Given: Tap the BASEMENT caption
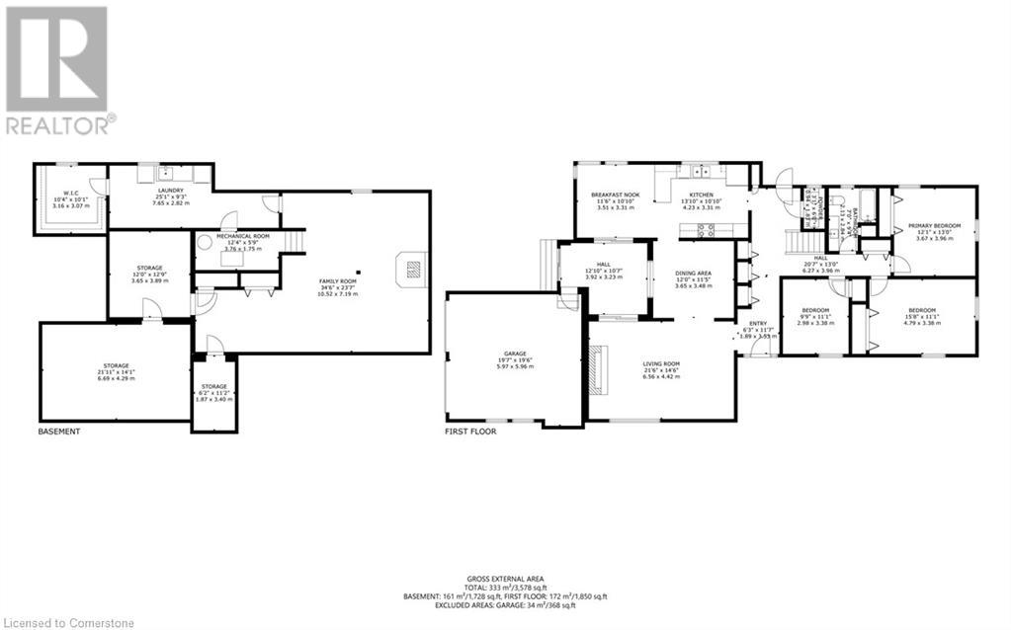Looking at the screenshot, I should coord(58,432).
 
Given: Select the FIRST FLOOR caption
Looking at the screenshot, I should coord(470,432).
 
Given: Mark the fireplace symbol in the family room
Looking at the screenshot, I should coord(413,269).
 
